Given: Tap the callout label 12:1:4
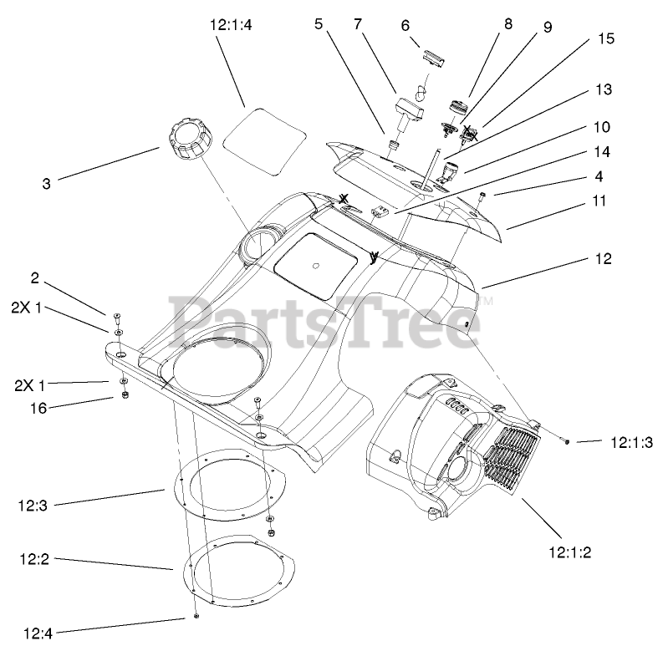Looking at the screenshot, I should point(230,26).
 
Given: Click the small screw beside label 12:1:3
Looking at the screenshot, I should point(565,440).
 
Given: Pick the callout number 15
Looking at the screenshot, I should point(605,38).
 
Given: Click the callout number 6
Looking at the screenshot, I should point(405,25).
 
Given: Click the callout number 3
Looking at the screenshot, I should point(47,181).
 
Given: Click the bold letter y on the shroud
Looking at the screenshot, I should point(373,257).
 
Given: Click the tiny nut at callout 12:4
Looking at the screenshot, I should point(195,617).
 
